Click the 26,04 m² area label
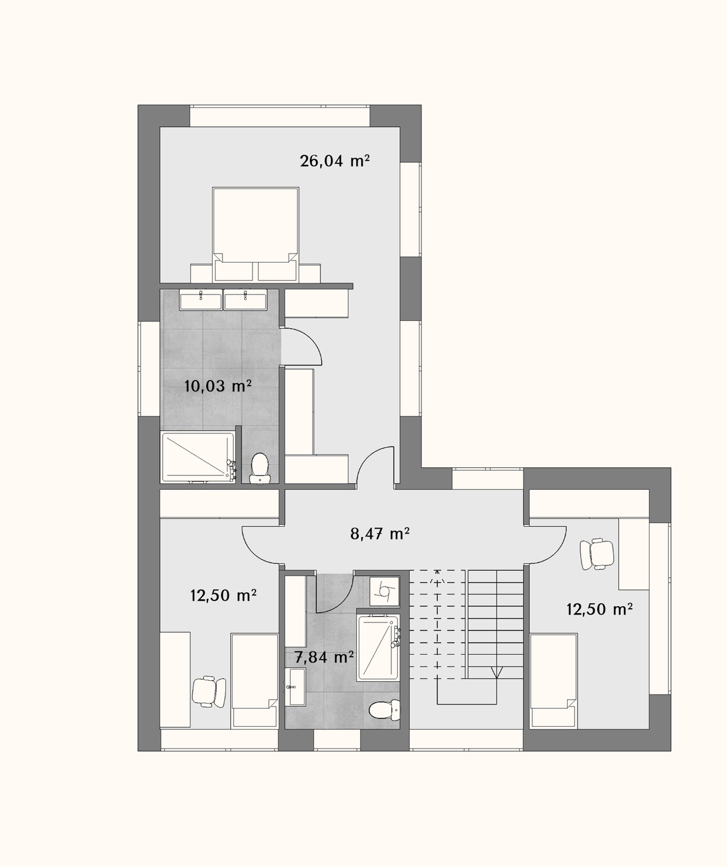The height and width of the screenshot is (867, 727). [x=334, y=161]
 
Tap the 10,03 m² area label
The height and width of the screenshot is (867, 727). [x=218, y=386]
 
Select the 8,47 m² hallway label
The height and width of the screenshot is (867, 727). [x=380, y=534]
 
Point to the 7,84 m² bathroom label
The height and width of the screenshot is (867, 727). [x=324, y=657]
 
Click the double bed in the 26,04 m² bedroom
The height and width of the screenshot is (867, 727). [x=256, y=234]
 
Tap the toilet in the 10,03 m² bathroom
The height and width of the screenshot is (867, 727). [x=260, y=468]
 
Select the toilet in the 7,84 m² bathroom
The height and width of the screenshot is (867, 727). [x=385, y=709]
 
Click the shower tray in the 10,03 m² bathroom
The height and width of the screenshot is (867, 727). [x=198, y=457]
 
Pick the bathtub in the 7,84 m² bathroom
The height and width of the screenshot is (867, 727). [x=378, y=648]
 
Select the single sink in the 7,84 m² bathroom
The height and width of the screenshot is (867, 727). [x=295, y=687]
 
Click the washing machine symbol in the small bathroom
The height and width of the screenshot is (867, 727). [x=384, y=591]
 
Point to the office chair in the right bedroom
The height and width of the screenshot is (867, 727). [x=597, y=554]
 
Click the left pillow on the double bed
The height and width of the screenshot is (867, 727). [x=234, y=271]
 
